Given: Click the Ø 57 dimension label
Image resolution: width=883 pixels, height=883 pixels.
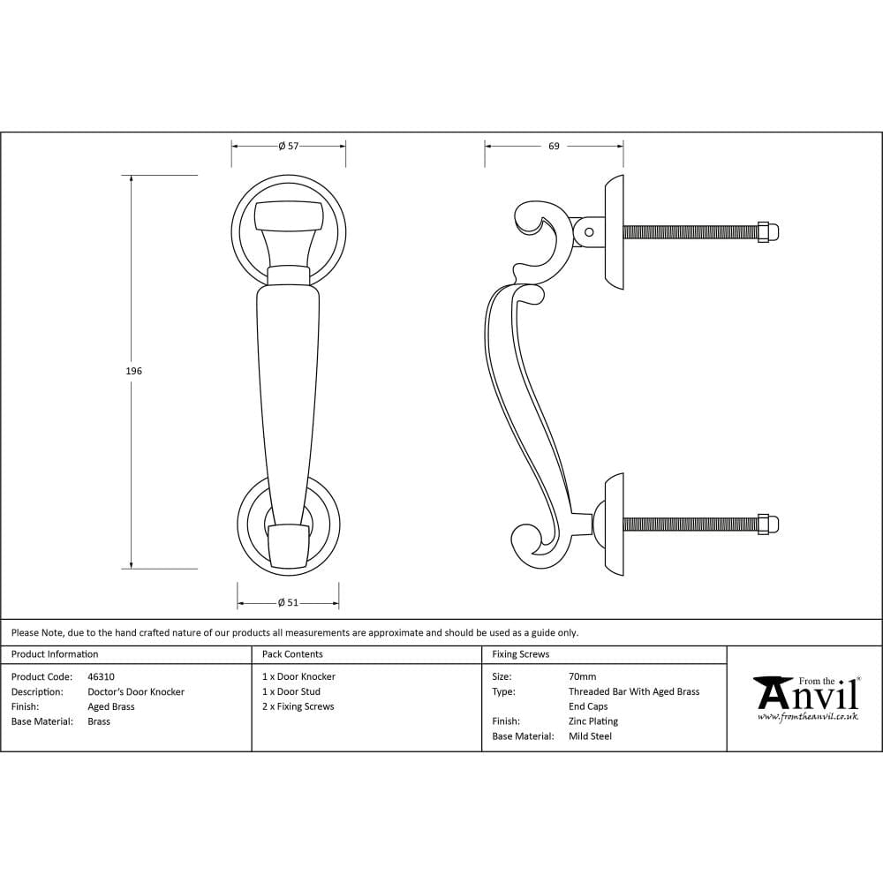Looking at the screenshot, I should (288, 147).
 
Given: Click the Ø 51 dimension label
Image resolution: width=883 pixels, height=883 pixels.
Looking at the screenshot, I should (288, 603).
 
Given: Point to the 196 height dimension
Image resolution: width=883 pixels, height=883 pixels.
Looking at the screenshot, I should (133, 371).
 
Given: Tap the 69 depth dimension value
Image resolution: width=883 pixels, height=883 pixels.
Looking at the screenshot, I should (554, 147).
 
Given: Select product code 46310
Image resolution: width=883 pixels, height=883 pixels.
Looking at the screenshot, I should (101, 677).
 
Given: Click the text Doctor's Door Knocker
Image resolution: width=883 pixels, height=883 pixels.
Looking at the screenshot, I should (136, 692).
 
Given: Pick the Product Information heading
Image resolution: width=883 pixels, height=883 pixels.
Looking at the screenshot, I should (55, 654).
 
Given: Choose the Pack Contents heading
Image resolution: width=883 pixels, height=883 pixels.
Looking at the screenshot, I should (292, 654).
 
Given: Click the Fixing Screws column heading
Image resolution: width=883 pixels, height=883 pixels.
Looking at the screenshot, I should (520, 654).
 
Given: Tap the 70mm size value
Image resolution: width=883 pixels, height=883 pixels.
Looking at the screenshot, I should (582, 677).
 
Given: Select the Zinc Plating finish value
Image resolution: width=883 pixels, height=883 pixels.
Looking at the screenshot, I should (593, 721).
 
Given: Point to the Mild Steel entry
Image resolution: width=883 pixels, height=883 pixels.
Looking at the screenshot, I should (590, 736).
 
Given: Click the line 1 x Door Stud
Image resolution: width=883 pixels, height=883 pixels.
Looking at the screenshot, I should (291, 692).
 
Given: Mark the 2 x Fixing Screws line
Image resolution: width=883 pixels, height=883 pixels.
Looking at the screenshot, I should (298, 706).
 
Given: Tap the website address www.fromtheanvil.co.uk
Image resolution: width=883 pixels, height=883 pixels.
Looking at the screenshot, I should (807, 716).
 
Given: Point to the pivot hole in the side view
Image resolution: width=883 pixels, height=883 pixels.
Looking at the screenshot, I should (589, 232).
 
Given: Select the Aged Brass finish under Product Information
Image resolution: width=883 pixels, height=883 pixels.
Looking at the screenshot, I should (111, 706).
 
